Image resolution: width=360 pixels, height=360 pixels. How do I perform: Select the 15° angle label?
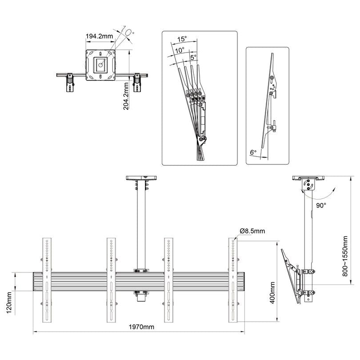tap(181, 40)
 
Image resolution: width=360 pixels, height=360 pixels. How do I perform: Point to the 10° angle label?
tap(179, 50)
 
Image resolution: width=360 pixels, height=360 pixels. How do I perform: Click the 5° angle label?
tap(192, 57)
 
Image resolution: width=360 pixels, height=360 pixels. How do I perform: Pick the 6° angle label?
tap(253, 152)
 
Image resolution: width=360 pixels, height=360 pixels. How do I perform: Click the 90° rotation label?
tap(321, 206)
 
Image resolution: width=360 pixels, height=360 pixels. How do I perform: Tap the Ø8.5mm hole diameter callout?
tap(252, 231)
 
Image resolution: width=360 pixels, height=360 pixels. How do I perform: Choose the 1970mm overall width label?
tap(141, 327)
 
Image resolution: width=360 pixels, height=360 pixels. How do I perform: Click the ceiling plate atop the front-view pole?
tap(142, 178)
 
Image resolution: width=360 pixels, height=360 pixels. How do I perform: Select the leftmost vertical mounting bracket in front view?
tap(48, 280)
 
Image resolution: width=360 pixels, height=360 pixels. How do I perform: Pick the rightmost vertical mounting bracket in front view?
tap(234, 280)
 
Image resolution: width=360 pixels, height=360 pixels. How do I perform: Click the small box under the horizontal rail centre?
tap(142, 296)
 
